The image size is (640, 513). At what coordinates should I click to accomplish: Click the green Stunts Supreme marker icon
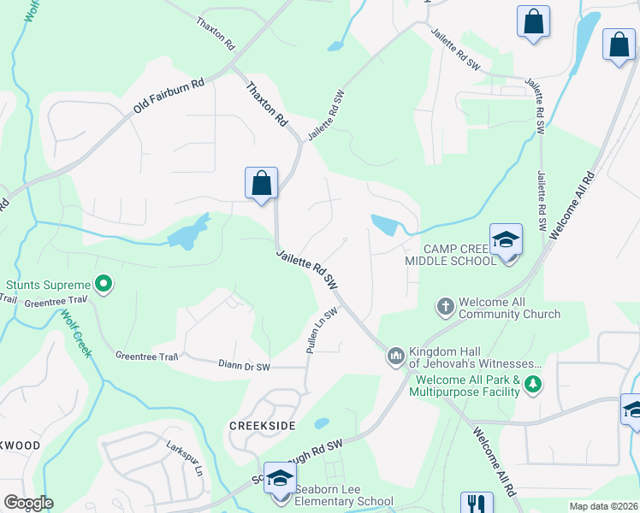pyautogui.click(x=104, y=284)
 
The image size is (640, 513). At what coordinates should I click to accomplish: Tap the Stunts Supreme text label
pyautogui.click(x=48, y=285)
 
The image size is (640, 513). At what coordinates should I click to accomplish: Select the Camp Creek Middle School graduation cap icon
pyautogui.click(x=506, y=240)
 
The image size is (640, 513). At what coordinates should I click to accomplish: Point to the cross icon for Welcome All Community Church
pyautogui.click(x=445, y=305)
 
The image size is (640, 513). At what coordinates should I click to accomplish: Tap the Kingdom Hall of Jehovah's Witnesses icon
pyautogui.click(x=395, y=354)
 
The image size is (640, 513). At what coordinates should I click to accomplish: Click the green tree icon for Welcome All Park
pyautogui.click(x=533, y=385)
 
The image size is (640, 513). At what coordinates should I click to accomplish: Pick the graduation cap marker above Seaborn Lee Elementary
pyautogui.click(x=280, y=479)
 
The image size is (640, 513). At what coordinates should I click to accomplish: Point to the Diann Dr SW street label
pyautogui.click(x=244, y=365)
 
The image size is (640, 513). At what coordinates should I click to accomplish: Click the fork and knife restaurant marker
pyautogui.click(x=477, y=505)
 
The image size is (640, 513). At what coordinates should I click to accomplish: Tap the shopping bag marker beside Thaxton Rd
pyautogui.click(x=261, y=183)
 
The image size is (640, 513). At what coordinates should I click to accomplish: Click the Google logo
pyautogui.click(x=28, y=503)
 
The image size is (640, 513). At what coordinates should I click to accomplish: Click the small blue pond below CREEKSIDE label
pyautogui.click(x=322, y=423)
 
